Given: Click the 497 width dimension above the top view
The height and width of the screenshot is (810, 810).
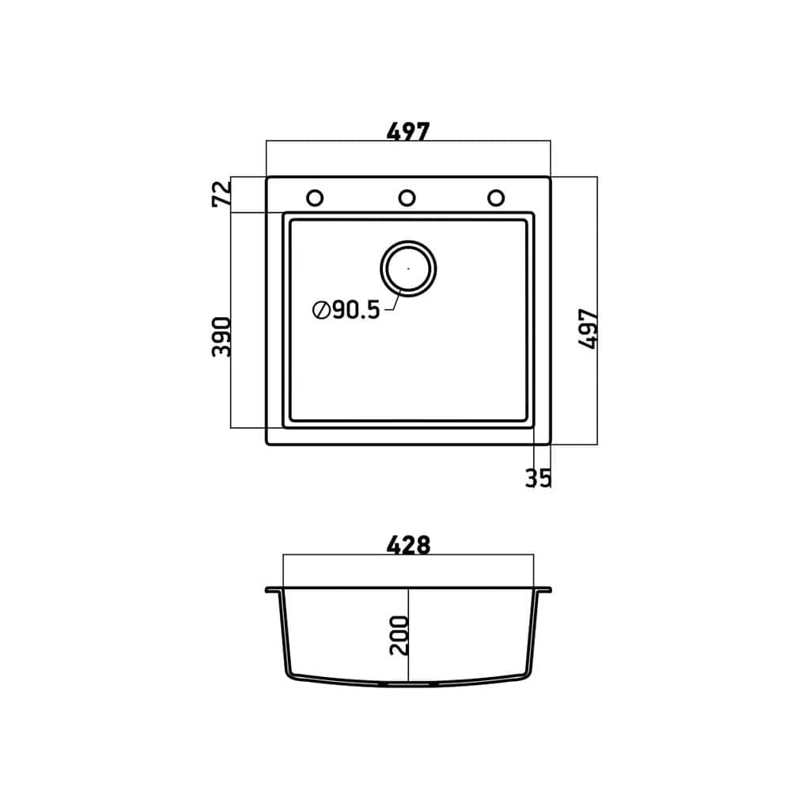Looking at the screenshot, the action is click(408, 131).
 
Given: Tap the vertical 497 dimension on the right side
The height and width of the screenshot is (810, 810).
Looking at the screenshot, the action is click(588, 329).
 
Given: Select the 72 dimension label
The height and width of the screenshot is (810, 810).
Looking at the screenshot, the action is click(221, 193).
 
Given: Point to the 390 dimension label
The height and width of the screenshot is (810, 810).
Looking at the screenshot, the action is click(221, 337).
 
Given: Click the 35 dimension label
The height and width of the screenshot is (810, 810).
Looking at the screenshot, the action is click(538, 478).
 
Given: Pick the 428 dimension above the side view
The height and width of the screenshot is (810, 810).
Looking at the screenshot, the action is click(408, 546).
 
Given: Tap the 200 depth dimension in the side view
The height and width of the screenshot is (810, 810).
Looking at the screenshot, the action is click(399, 635).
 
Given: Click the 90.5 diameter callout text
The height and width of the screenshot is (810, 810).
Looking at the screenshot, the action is click(356, 310).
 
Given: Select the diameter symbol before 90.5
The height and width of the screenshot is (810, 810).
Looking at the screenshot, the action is click(321, 310).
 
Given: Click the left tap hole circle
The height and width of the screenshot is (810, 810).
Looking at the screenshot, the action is click(315, 198).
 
